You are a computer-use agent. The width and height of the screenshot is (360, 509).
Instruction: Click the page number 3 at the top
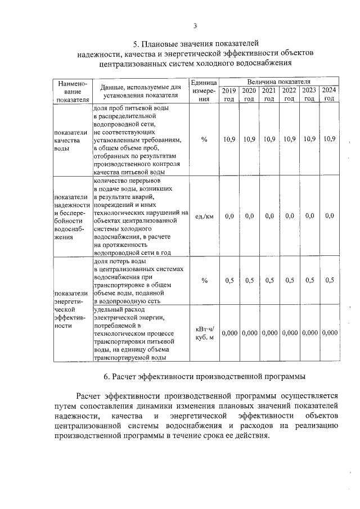point(195,25)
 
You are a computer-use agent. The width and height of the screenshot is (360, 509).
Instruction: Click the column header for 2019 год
point(229,94)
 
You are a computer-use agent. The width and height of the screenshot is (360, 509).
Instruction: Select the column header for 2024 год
point(329,94)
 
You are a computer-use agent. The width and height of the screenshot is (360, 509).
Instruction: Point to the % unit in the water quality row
point(204,139)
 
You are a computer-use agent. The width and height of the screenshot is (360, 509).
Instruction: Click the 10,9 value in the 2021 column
point(269,139)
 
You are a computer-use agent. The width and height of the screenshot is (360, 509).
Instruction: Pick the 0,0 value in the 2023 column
point(309,216)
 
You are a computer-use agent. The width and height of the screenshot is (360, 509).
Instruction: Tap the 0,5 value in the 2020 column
point(249,280)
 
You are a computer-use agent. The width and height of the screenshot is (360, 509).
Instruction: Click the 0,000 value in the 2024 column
point(329,333)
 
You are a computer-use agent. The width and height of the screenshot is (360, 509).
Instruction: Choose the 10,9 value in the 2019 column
point(229,139)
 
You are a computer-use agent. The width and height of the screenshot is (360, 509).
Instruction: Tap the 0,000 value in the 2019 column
point(229,333)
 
